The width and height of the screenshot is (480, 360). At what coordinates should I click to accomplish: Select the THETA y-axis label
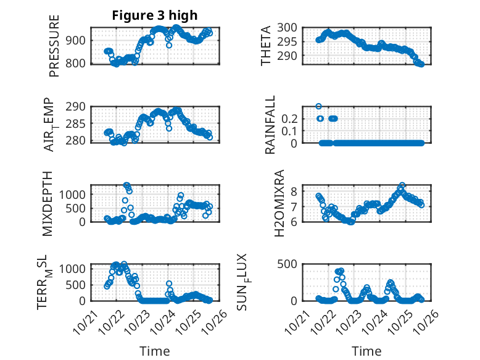[266, 46]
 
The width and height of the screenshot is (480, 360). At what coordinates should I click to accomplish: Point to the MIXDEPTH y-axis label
[49, 203]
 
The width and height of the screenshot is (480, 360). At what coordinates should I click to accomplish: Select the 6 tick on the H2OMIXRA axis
[296, 221]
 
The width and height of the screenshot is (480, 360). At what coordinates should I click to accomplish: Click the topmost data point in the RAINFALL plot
[318, 106]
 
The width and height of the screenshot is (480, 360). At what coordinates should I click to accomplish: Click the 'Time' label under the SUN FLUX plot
[366, 351]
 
